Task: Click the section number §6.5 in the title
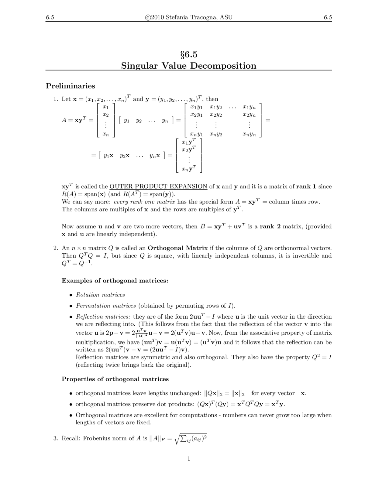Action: (x=189, y=55)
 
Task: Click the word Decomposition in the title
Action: (x=223, y=66)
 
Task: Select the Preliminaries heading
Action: (x=71, y=86)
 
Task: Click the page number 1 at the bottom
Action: (x=189, y=459)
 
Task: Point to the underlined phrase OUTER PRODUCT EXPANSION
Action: (x=158, y=186)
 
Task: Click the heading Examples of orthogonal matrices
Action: (x=115, y=281)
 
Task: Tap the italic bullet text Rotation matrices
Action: (x=100, y=295)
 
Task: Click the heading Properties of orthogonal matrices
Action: (x=115, y=379)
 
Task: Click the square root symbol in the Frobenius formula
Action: (x=177, y=439)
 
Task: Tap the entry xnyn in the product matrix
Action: (x=249, y=134)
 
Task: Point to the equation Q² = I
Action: (x=322, y=357)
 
